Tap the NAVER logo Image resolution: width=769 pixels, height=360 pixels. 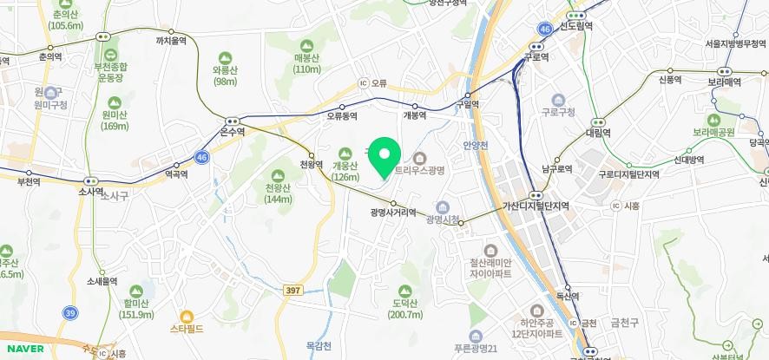pyautogui.click(x=23, y=349)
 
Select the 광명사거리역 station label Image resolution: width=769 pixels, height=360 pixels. pyautogui.click(x=392, y=212)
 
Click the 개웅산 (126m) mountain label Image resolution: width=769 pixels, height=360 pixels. pyautogui.click(x=345, y=172)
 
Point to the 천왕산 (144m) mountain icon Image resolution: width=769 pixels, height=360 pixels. pyautogui.click(x=279, y=175)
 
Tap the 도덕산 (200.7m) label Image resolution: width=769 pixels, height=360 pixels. pyautogui.click(x=404, y=309)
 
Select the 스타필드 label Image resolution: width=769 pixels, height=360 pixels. pyautogui.click(x=186, y=330)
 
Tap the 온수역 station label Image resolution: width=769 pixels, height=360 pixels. pyautogui.click(x=233, y=132)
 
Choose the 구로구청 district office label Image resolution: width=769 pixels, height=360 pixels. pyautogui.click(x=558, y=111)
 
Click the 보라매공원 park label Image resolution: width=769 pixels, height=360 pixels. pyautogui.click(x=713, y=133)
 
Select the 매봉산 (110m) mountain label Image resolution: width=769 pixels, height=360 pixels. pyautogui.click(x=307, y=63)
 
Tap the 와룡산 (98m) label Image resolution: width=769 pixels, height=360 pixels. pyautogui.click(x=225, y=75)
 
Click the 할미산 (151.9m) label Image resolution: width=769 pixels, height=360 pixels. pyautogui.click(x=136, y=309)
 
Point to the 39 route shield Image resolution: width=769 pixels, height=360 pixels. pyautogui.click(x=69, y=311)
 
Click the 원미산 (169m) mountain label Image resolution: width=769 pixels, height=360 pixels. pyautogui.click(x=114, y=121)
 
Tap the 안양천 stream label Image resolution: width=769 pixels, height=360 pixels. pyautogui.click(x=477, y=144)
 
